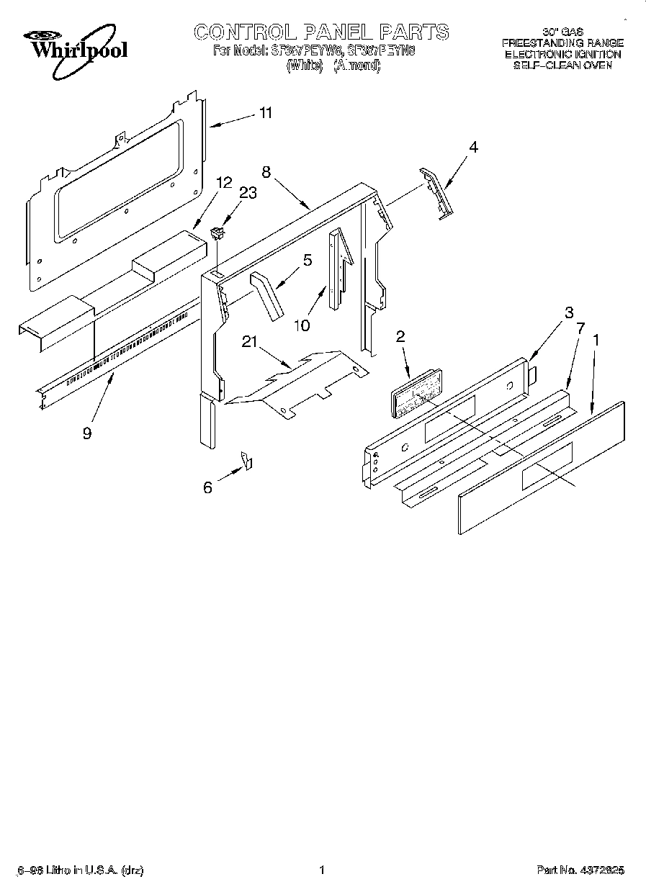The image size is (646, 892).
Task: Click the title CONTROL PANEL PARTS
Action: pyautogui.click(x=321, y=32)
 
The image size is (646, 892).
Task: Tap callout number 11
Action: pyautogui.click(x=266, y=113)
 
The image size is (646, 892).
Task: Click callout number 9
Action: pyautogui.click(x=87, y=434)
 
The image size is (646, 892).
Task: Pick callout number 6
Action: pyautogui.click(x=208, y=487)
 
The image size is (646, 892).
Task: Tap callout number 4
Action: pyautogui.click(x=472, y=147)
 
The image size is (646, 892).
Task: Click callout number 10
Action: pyautogui.click(x=302, y=325)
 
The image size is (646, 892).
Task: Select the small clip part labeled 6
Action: pyautogui.click(x=246, y=460)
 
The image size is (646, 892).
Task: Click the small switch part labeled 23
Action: pyautogui.click(x=217, y=233)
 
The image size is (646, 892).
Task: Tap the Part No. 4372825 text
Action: pyautogui.click(x=580, y=870)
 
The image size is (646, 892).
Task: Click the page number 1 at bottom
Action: pyautogui.click(x=322, y=870)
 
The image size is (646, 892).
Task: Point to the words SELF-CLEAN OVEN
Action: pyautogui.click(x=562, y=65)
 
